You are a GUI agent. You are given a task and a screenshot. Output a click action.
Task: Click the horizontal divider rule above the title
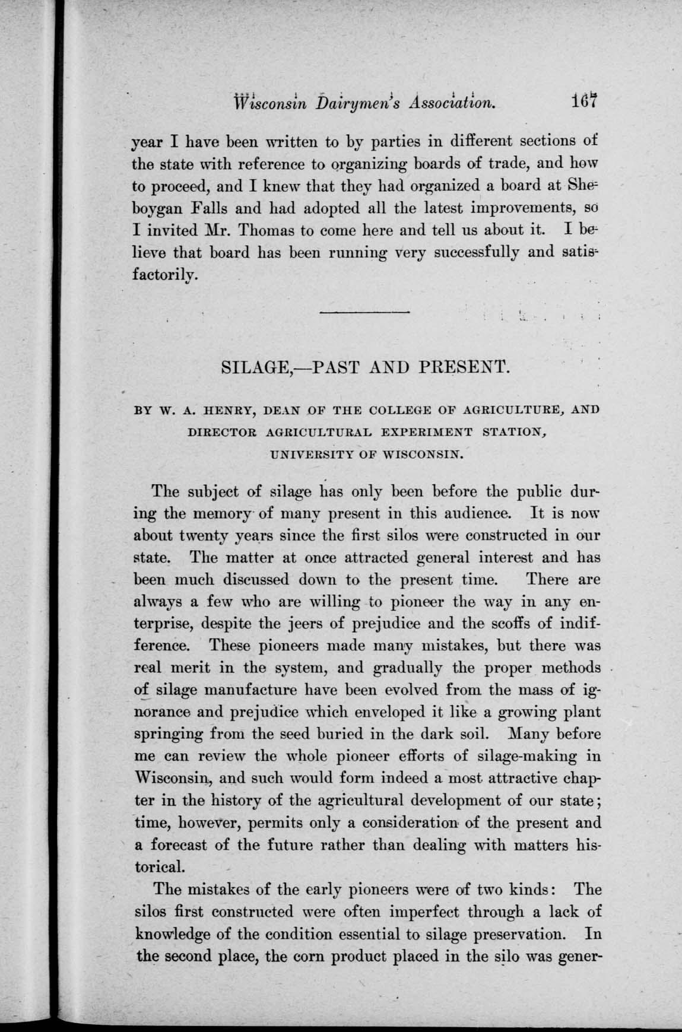pyautogui.click(x=364, y=312)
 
